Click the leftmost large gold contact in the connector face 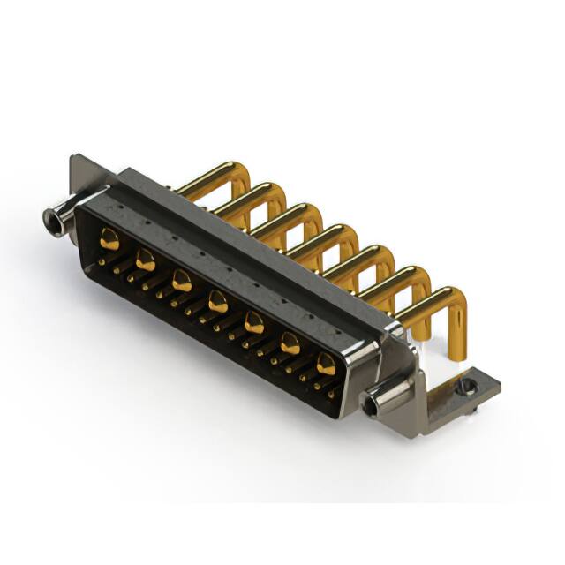[109, 237]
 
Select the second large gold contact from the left [146, 260]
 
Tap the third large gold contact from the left [182, 281]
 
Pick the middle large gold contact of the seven [217, 303]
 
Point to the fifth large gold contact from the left [253, 322]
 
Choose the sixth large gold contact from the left [290, 343]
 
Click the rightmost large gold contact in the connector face [326, 364]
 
